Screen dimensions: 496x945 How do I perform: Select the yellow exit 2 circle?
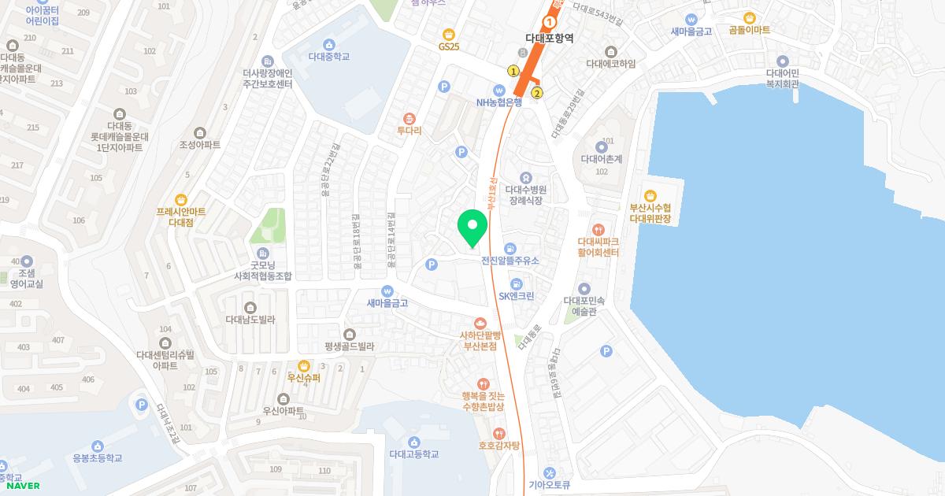537,94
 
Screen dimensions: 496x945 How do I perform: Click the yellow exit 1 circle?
513,72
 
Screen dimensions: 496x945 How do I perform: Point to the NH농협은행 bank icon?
498,89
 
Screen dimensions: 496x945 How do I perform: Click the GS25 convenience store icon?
449,34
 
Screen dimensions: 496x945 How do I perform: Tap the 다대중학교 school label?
328,57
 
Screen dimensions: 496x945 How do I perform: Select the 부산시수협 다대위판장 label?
650,213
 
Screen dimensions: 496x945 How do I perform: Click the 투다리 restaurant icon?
409,118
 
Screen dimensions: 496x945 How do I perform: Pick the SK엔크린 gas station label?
516,296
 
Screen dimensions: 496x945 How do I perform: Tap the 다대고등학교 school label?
413,454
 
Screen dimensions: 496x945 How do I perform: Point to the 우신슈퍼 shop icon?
304,365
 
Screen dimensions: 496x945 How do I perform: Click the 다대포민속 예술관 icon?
584,288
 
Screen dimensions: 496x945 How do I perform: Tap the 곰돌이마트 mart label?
749,30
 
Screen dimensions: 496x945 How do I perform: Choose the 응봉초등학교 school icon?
98,446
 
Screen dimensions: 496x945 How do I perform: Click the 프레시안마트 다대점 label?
181,217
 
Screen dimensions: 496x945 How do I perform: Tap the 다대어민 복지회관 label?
782,79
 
